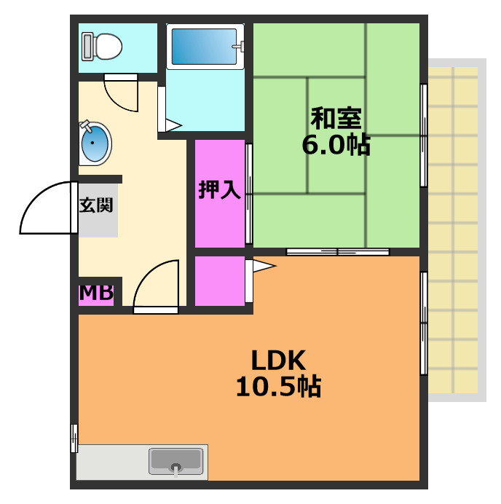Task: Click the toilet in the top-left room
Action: [x=102, y=47]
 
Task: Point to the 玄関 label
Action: [x=96, y=205]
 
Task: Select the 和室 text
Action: [x=336, y=117]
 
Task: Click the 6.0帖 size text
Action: [x=336, y=146]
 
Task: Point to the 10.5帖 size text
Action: [x=279, y=387]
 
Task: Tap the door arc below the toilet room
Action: [x=120, y=94]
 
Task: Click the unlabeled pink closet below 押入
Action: [x=219, y=280]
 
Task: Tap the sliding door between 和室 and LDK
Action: [x=337, y=252]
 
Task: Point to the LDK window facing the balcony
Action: [x=423, y=323]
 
